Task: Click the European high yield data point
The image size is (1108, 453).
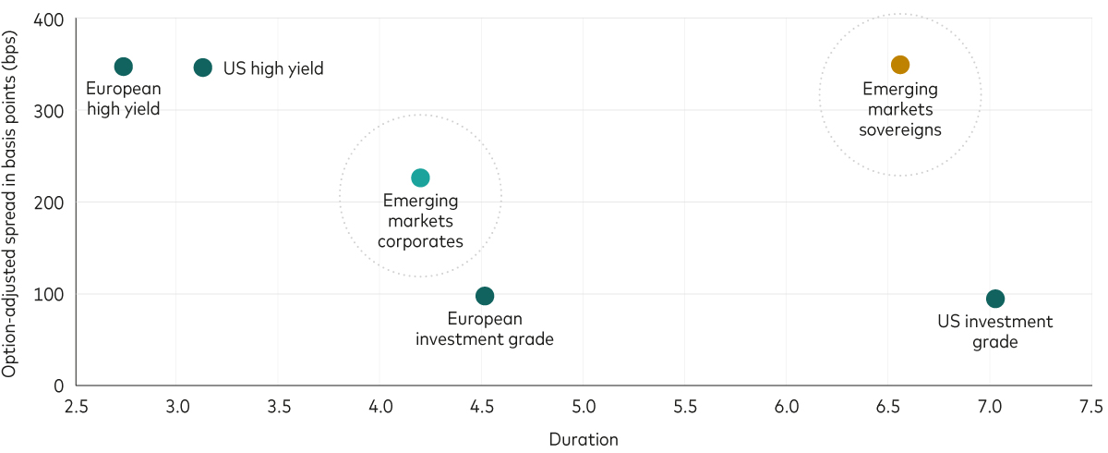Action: [x=124, y=67]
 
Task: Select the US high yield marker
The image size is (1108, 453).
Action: [x=203, y=67]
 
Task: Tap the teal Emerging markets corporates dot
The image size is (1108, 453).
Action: [x=420, y=178]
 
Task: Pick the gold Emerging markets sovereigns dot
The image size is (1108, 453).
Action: [x=900, y=65]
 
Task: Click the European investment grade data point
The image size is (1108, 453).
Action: [x=485, y=296]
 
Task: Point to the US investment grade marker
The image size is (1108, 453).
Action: [x=995, y=299]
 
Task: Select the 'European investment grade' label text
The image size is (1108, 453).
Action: [x=485, y=329]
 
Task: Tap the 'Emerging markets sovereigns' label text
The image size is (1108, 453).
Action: [x=900, y=109]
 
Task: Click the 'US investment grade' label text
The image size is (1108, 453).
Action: [x=995, y=332]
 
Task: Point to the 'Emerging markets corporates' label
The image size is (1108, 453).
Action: [x=420, y=221]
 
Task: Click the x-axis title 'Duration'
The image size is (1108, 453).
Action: [x=584, y=439]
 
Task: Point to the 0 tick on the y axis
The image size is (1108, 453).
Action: [x=59, y=386]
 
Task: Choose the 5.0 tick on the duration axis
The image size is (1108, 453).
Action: [x=584, y=406]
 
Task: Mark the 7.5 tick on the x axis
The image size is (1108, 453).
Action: [x=1090, y=406]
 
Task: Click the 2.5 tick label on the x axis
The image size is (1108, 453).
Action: [x=77, y=406]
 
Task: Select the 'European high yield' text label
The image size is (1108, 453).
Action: [x=124, y=99]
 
